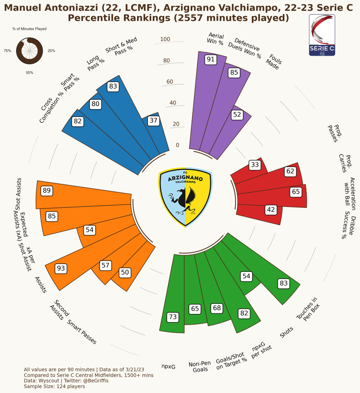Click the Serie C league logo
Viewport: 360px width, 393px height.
pos(322,35)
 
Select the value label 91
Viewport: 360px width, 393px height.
pos(210,60)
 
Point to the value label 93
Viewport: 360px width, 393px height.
pos(61,269)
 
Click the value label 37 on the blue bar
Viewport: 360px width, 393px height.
pos(154,121)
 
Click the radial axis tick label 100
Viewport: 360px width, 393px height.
pos(165,39)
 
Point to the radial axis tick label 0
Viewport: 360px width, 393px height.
pos(177,145)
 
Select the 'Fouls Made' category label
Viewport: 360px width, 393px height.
pos(274,60)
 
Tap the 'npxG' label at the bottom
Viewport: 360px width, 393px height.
pos(168,366)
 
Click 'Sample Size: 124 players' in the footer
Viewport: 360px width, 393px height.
pos(54,386)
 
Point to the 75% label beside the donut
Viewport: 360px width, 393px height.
pos(7,51)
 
